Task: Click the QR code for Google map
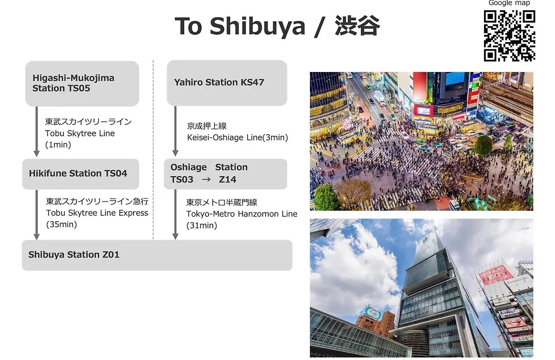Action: coord(509,36)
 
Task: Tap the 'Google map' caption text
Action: coord(509,3)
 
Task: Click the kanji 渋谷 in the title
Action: coord(357,26)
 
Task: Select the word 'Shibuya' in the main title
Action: coord(257,27)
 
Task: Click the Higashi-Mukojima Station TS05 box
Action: coord(82,84)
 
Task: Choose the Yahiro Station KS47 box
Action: coord(227,83)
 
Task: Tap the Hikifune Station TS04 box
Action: coord(81,174)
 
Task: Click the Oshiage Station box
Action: coord(226,174)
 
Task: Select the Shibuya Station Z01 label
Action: coord(74,255)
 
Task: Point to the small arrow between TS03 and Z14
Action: coord(206,179)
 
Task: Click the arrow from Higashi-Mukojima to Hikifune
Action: coord(36,132)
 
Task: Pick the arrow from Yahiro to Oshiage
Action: coord(175,131)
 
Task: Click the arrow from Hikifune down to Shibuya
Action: coord(36,215)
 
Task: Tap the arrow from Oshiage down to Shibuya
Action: coord(175,214)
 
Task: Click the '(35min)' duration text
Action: coord(62,224)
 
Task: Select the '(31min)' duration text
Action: coord(202,225)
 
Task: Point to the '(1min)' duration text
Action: coord(58,145)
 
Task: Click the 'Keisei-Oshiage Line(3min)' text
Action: coord(237,137)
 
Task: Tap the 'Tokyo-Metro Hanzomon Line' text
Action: coord(242,214)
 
